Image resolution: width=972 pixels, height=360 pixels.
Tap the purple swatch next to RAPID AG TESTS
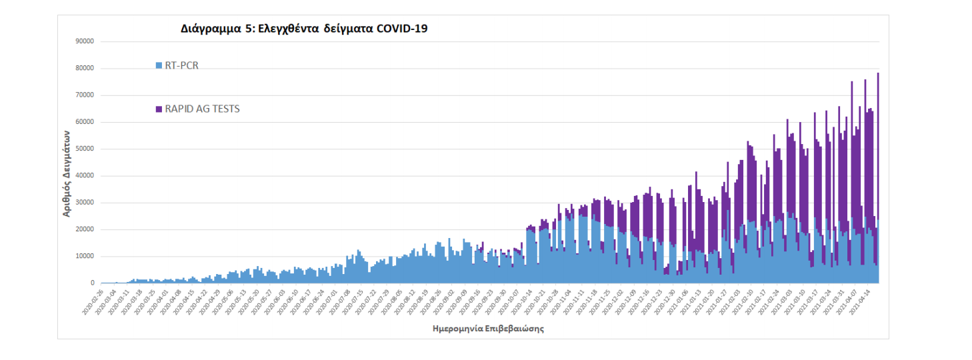[x=159, y=109]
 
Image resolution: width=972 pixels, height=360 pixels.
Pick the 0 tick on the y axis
[x=93, y=283]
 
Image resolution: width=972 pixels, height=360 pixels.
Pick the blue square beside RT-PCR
[x=159, y=65]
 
